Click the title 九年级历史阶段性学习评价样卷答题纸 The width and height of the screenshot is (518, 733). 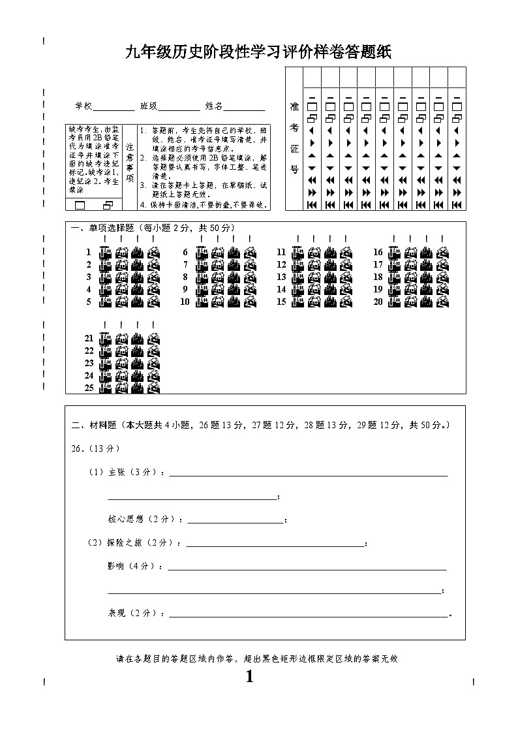point(258,53)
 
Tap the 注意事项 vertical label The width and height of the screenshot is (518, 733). point(129,163)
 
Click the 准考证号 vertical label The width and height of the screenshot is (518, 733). point(294,138)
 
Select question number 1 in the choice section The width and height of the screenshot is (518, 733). point(89,252)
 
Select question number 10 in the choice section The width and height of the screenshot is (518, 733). point(185,302)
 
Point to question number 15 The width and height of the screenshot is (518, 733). point(281,302)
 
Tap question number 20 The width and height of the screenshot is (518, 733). point(378,302)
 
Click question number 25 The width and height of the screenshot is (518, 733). point(89,388)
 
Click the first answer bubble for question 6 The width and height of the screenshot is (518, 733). point(201,253)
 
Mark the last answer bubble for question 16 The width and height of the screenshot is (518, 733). point(443,253)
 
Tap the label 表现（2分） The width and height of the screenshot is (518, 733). point(136,613)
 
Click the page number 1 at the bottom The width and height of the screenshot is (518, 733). point(249,677)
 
